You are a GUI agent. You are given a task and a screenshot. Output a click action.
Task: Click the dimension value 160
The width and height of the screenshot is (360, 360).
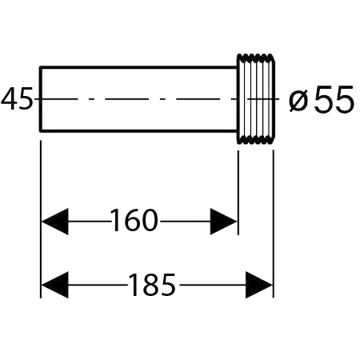tap(134, 221)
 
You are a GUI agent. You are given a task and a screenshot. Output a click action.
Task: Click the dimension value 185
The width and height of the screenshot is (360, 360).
tap(152, 285)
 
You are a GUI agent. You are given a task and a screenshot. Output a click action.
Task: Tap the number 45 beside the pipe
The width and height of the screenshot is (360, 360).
tap(17, 98)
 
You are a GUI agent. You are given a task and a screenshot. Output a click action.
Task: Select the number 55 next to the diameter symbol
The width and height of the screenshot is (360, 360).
tap(334, 99)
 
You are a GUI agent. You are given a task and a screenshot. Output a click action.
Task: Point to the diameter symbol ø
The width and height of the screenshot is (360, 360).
tap(298, 101)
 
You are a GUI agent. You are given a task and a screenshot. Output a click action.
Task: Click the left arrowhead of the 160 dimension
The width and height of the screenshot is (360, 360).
tap(55, 222)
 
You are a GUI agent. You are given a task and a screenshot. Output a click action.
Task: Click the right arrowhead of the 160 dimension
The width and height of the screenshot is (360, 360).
tap(223, 222)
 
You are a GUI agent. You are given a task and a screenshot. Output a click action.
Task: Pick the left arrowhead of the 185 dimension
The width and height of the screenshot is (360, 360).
tap(55, 285)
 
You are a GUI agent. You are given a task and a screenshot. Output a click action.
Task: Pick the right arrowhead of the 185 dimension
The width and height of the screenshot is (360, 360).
tap(258, 285)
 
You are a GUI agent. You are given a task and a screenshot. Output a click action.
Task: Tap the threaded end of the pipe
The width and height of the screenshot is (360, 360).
tap(256, 99)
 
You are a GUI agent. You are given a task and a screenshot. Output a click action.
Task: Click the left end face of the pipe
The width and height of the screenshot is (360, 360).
tap(41, 99)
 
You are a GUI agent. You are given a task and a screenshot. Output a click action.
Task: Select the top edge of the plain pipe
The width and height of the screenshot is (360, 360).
tap(138, 67)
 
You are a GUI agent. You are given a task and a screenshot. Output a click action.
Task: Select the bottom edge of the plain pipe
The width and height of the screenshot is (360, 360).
tap(138, 130)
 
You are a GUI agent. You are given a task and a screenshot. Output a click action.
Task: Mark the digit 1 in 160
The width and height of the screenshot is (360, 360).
tap(115, 221)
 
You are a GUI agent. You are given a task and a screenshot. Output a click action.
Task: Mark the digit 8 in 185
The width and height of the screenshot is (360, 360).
tap(152, 285)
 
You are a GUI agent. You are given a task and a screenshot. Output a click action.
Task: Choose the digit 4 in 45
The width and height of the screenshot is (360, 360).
tap(9, 98)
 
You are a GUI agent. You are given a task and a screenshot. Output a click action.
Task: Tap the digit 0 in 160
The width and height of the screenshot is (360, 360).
tap(150, 221)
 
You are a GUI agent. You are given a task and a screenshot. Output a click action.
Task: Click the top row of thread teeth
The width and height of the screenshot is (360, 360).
tap(256, 58)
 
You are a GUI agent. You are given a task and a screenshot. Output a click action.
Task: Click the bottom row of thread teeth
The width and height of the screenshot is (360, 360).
tap(256, 141)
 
